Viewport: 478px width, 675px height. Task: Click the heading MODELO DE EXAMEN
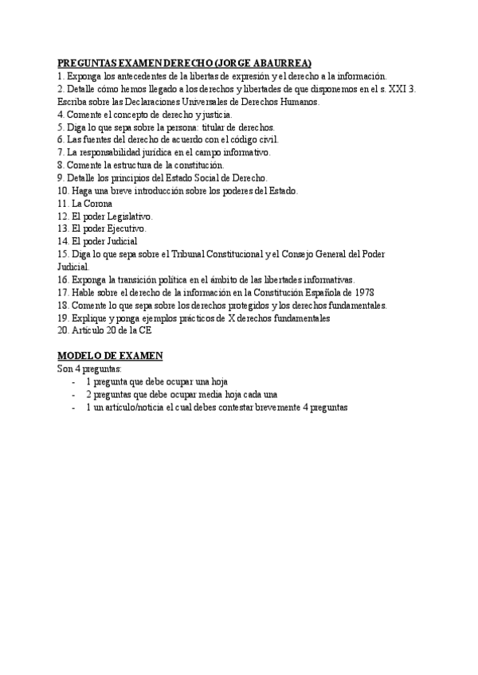coord(110,356)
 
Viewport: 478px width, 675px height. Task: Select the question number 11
coord(63,203)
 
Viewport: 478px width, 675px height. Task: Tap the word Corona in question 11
coord(100,203)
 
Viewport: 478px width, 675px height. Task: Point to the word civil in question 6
coord(266,139)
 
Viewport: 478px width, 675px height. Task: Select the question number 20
coord(64,330)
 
